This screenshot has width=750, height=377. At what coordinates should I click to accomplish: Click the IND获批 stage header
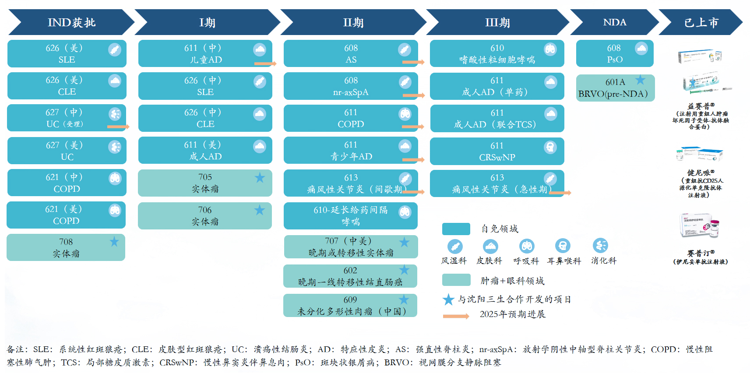pyautogui.click(x=71, y=22)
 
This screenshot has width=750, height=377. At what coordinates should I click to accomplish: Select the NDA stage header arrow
pyautogui.click(x=614, y=22)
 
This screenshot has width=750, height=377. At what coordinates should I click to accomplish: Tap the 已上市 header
pyautogui.click(x=701, y=22)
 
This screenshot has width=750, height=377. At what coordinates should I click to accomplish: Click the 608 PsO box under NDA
pyautogui.click(x=614, y=54)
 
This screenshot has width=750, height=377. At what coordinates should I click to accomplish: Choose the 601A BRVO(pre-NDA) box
pyautogui.click(x=615, y=88)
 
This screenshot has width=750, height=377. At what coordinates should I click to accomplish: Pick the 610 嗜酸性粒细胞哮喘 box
pyautogui.click(x=497, y=54)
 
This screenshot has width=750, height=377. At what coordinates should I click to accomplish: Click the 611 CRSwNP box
pyautogui.click(x=497, y=151)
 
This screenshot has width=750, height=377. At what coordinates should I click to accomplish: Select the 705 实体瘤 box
pyautogui.click(x=205, y=183)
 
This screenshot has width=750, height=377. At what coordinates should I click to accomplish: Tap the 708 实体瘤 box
pyautogui.click(x=66, y=247)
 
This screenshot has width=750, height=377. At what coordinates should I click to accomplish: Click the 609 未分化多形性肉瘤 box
pyautogui.click(x=350, y=306)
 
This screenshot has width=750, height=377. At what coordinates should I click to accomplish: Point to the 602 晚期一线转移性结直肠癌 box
pyautogui.click(x=350, y=276)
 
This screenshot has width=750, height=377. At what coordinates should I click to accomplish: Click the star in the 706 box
pyautogui.click(x=260, y=210)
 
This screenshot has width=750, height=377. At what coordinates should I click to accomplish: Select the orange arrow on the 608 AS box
pyautogui.click(x=413, y=62)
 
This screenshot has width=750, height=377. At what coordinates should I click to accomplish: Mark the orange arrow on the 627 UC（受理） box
pyautogui.click(x=118, y=127)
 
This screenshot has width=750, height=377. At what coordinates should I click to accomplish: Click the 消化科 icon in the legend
pyautogui.click(x=600, y=246)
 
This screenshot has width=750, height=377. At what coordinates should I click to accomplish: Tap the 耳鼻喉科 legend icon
pyautogui.click(x=563, y=246)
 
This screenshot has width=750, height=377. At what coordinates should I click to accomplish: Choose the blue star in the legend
pyautogui.click(x=448, y=299)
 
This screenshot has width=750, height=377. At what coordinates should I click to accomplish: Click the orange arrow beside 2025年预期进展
pyautogui.click(x=456, y=316)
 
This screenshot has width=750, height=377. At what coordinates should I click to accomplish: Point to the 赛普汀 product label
pyautogui.click(x=701, y=253)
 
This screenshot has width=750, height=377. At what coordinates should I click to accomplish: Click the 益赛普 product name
pyautogui.click(x=701, y=106)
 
